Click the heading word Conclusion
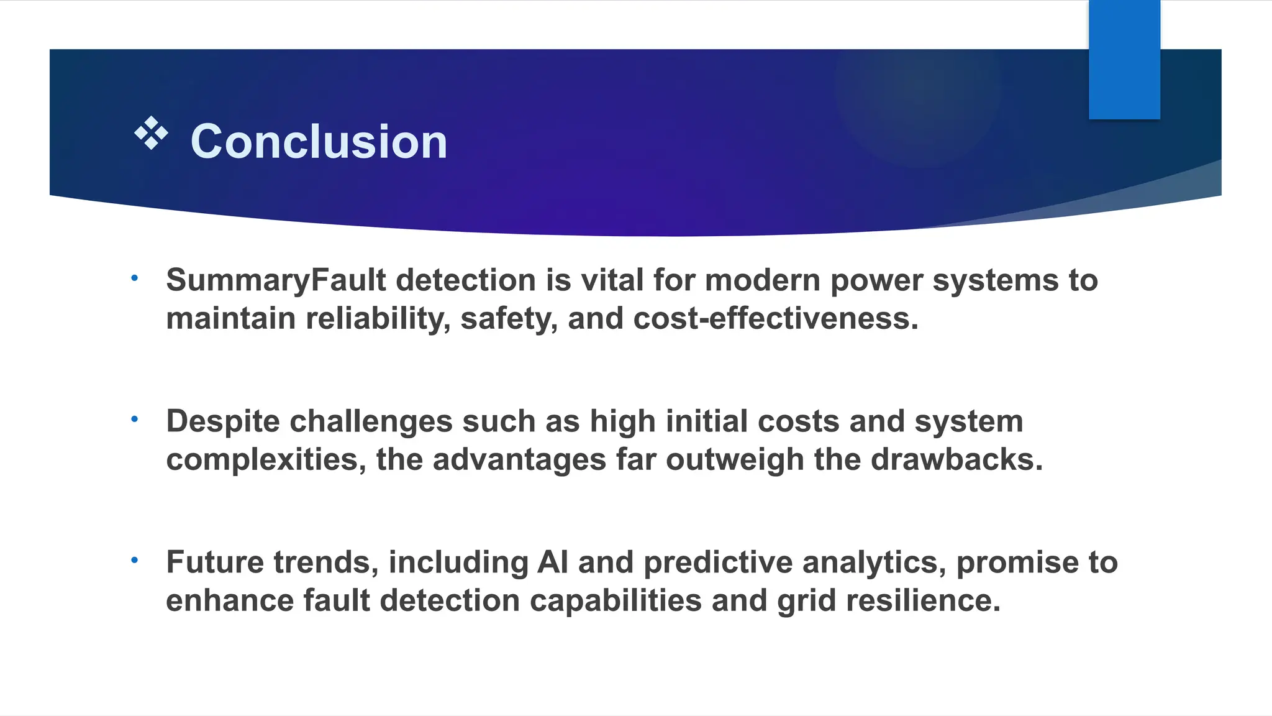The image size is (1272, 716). click(x=319, y=142)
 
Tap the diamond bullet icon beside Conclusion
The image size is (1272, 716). click(x=151, y=133)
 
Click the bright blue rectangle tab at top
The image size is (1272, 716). click(x=1124, y=60)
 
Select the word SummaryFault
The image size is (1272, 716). click(x=276, y=280)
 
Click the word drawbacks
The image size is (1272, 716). click(x=956, y=460)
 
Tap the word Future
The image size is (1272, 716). click(x=215, y=562)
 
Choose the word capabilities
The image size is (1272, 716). click(x=616, y=601)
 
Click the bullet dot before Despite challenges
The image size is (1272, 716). click(x=134, y=420)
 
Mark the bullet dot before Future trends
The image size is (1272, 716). click(x=134, y=561)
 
